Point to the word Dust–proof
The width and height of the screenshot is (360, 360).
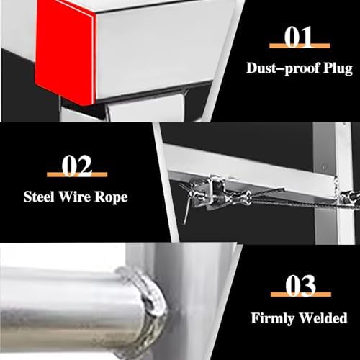point(278,70)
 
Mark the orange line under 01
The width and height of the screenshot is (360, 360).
point(298,47)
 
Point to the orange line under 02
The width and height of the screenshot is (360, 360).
point(76,175)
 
